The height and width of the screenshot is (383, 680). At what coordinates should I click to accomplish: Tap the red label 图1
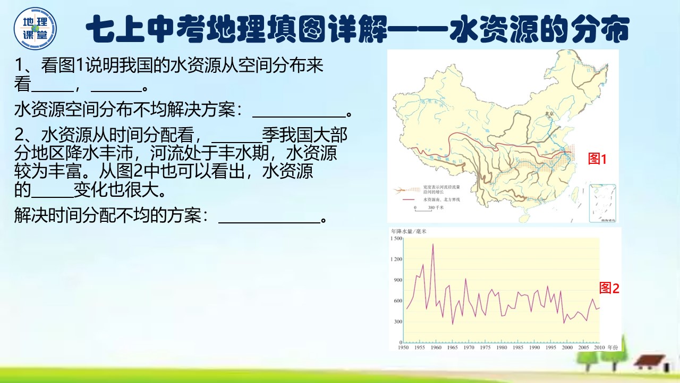point(597,159)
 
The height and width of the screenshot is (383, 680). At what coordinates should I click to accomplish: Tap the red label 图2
point(609,288)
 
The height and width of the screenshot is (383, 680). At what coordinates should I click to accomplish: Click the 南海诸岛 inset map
point(603,203)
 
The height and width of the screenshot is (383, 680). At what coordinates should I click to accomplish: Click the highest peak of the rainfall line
point(433,244)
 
